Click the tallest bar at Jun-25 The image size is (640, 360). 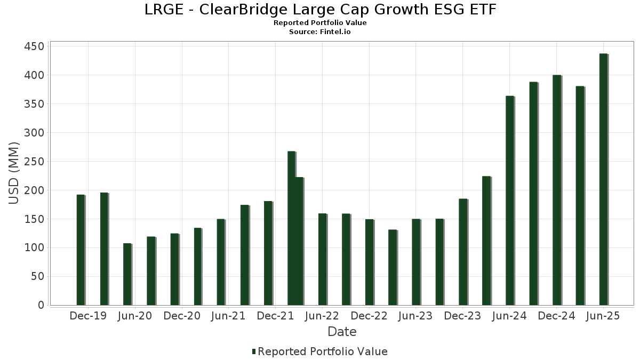point(603,179)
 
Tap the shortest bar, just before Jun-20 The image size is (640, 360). point(127,274)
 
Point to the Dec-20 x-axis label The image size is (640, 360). point(182,316)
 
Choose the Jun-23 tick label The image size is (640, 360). point(416,316)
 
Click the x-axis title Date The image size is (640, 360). point(342,332)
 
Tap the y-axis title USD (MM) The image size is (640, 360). point(14,173)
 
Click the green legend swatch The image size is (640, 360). point(254,351)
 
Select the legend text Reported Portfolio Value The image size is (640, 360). point(323,351)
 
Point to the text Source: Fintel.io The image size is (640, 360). point(320,32)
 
